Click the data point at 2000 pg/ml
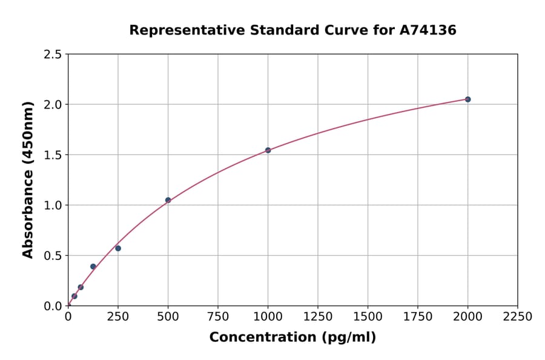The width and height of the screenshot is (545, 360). (x=467, y=99)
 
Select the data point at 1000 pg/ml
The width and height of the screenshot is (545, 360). (x=268, y=150)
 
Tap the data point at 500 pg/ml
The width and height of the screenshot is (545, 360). (x=168, y=200)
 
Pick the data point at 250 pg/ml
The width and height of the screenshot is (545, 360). (x=118, y=248)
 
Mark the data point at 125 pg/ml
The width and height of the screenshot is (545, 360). (x=93, y=267)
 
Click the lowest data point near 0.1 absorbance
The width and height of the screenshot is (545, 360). (x=74, y=296)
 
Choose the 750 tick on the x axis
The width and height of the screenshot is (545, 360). (x=218, y=317)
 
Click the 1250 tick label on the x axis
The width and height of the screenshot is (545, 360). (x=318, y=317)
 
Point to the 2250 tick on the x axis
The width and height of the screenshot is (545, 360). (x=518, y=317)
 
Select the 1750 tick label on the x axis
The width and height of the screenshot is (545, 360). (x=418, y=317)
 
